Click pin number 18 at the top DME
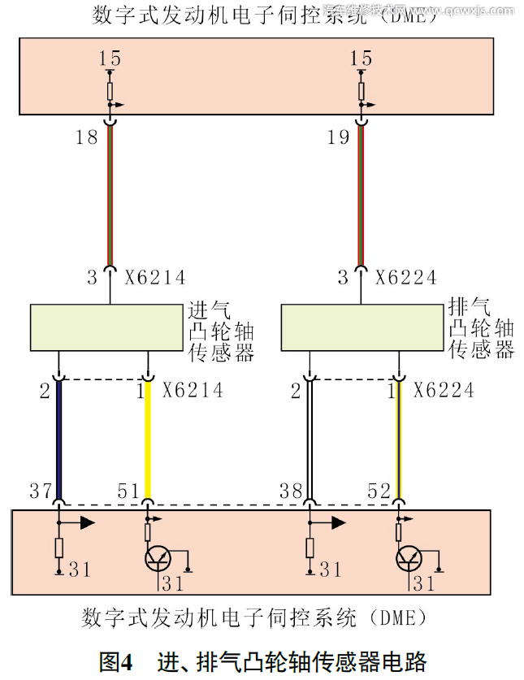point(86,137)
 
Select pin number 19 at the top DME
point(338,137)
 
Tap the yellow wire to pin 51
point(148,439)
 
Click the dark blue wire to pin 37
point(60,439)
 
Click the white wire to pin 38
point(310,439)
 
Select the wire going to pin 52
point(398,439)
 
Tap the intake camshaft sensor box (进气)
point(106,327)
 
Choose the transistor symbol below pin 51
point(158,559)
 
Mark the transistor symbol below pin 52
point(409,559)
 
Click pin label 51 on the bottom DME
point(128,491)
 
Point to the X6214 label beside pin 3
point(155,277)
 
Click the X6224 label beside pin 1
point(444,391)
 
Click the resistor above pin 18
point(110,88)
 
